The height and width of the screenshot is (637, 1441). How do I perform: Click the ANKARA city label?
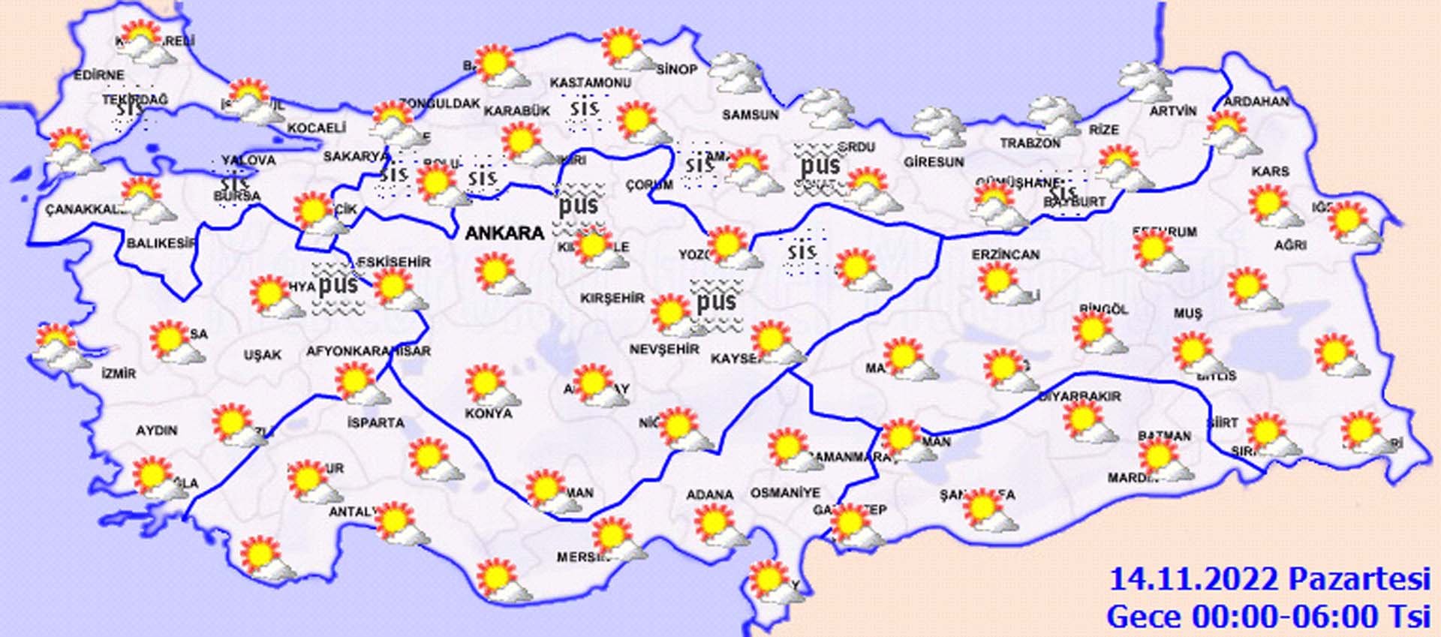tap(504, 233)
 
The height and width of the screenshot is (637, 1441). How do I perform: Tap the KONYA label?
tap(489, 413)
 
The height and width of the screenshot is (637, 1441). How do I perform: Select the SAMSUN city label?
tap(750, 115)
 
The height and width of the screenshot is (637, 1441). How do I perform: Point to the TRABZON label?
tap(1030, 143)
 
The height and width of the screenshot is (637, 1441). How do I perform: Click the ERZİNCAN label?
tap(1006, 255)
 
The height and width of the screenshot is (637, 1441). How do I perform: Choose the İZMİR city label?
tap(119, 373)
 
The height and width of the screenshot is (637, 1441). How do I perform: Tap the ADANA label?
tap(709, 494)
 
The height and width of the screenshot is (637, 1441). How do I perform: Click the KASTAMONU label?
tap(591, 83)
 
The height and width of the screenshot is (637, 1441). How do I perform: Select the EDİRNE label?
tap(99, 76)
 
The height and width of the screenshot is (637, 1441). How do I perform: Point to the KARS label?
tap(1270, 172)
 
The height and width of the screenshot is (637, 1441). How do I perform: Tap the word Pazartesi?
tap(1359, 580)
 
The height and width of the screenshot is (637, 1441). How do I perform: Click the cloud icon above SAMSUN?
tap(736, 74)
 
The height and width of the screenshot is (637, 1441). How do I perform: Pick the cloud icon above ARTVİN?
tap(1145, 81)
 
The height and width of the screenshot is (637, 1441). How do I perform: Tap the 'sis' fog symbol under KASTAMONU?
tap(584, 110)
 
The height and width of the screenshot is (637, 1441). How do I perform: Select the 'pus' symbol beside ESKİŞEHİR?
tap(338, 286)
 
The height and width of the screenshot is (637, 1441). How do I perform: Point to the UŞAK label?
tap(262, 355)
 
